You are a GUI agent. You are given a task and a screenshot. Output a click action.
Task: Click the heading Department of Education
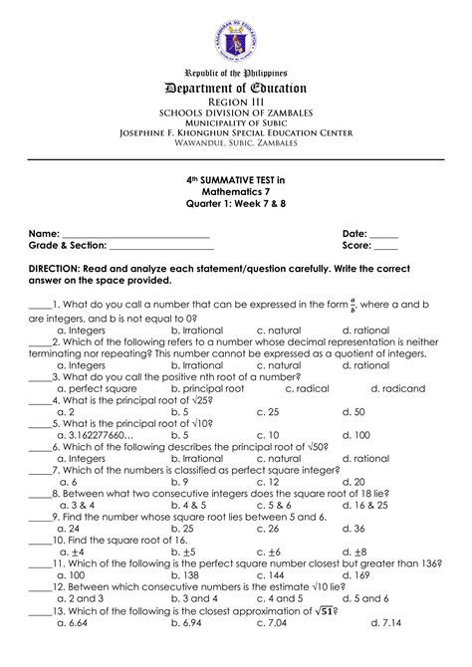[236, 90]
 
